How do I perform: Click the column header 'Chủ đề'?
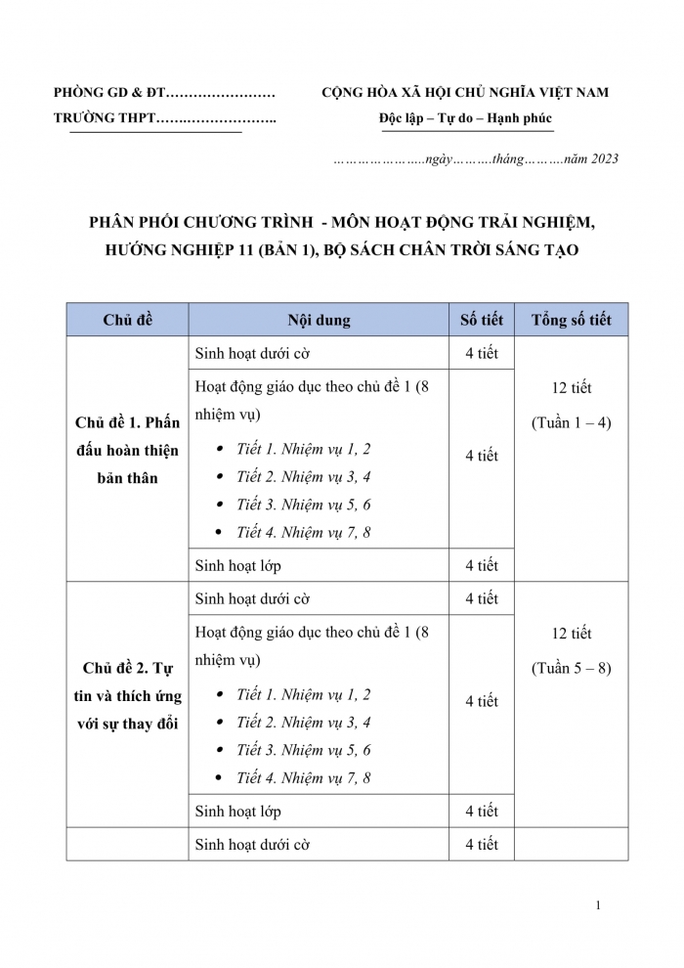coord(127,320)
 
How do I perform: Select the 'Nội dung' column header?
coord(319,320)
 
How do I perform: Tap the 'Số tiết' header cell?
coord(481,320)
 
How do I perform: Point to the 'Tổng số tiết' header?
coord(571,320)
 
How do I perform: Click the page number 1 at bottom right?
coord(597,905)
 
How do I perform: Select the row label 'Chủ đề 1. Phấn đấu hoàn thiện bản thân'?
coord(127,451)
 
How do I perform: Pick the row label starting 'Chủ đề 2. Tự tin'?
coord(127,696)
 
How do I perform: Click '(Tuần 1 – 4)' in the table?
coord(571,423)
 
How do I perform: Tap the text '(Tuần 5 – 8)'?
coord(571,669)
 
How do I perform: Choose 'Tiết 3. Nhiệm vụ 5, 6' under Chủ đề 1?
coord(303,505)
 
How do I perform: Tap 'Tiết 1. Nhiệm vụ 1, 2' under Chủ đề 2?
coord(303,694)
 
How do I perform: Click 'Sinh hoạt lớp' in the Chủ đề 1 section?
coord(238,565)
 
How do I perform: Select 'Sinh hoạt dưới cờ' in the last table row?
coord(252,844)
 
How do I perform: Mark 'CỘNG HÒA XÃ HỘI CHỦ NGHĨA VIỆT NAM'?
coord(465,93)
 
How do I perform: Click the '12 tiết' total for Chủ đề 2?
coord(571,634)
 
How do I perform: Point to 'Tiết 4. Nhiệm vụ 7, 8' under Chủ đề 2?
coord(303,778)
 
